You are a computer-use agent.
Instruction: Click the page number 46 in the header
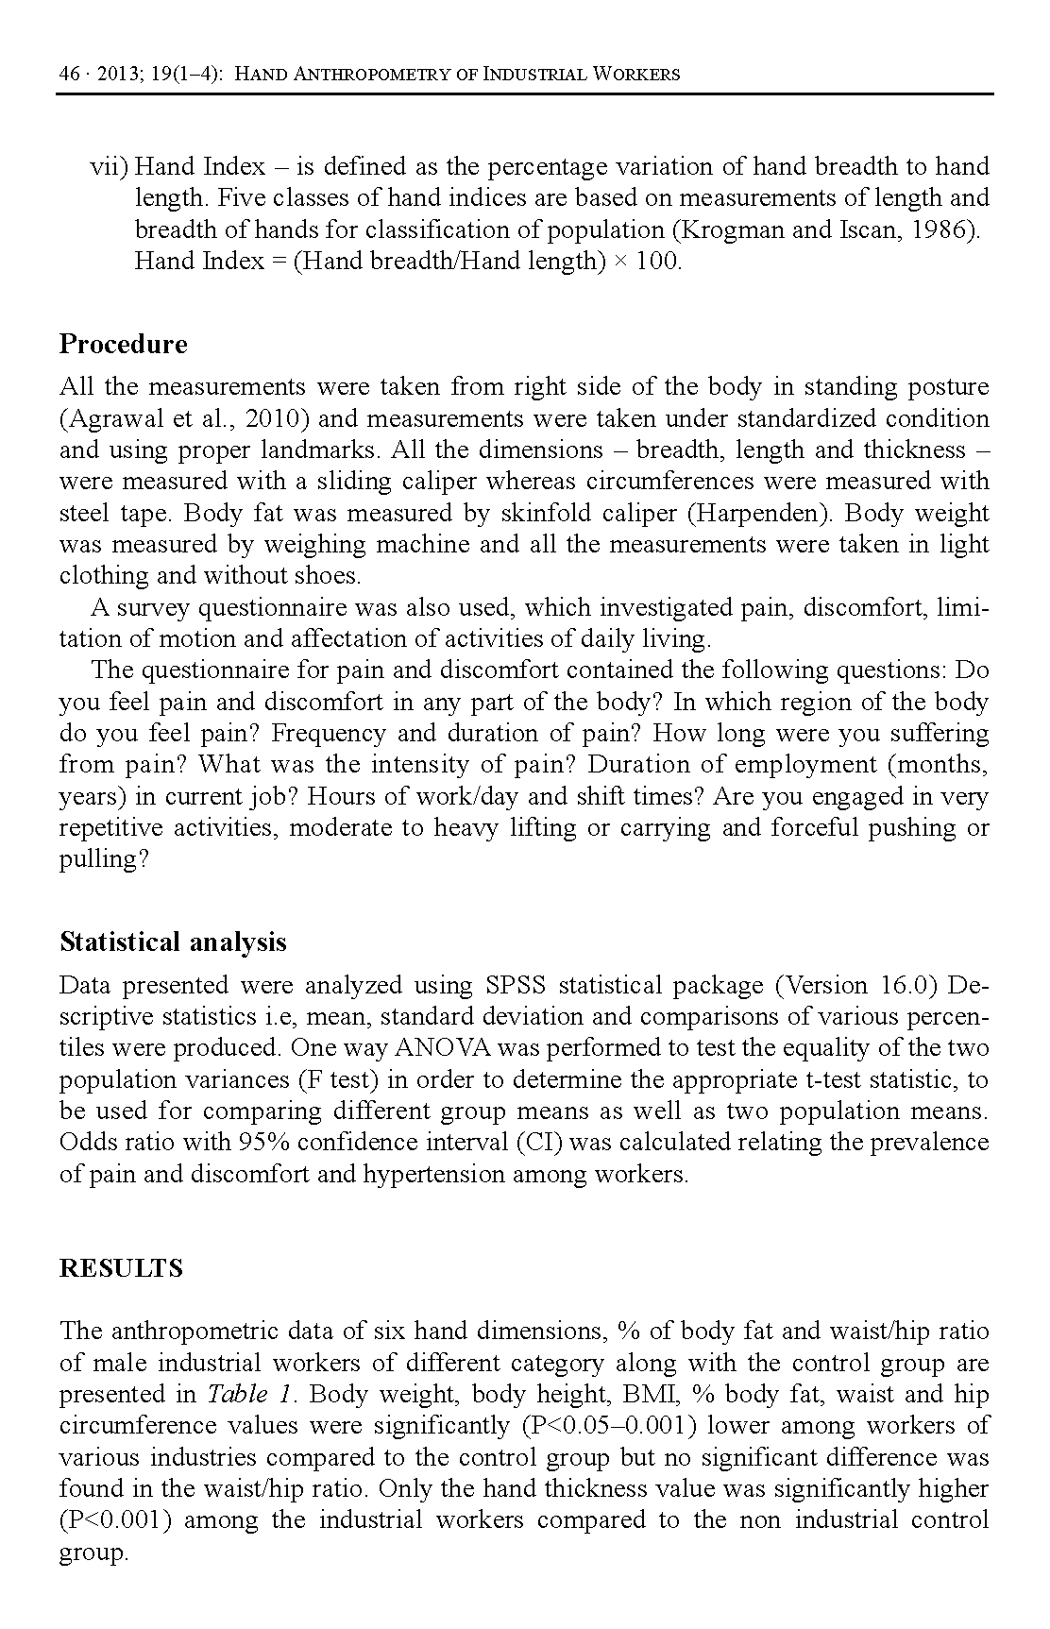[x=69, y=74]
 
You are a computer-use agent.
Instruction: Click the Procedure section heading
[x=123, y=344]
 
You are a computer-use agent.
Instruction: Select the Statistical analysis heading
[x=173, y=942]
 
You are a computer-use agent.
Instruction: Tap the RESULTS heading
[x=121, y=1268]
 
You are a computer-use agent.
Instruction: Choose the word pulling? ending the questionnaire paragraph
[x=104, y=860]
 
